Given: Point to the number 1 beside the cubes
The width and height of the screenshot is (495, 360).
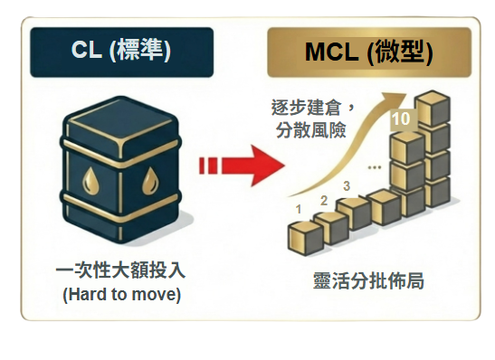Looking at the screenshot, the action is tap(300, 209).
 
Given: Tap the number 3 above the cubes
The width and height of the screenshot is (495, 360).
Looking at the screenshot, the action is tap(347, 186).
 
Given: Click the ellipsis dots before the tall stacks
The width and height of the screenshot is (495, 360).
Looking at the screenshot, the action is tap(373, 167).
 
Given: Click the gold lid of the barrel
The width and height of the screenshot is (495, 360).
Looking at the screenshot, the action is tap(121, 120).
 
